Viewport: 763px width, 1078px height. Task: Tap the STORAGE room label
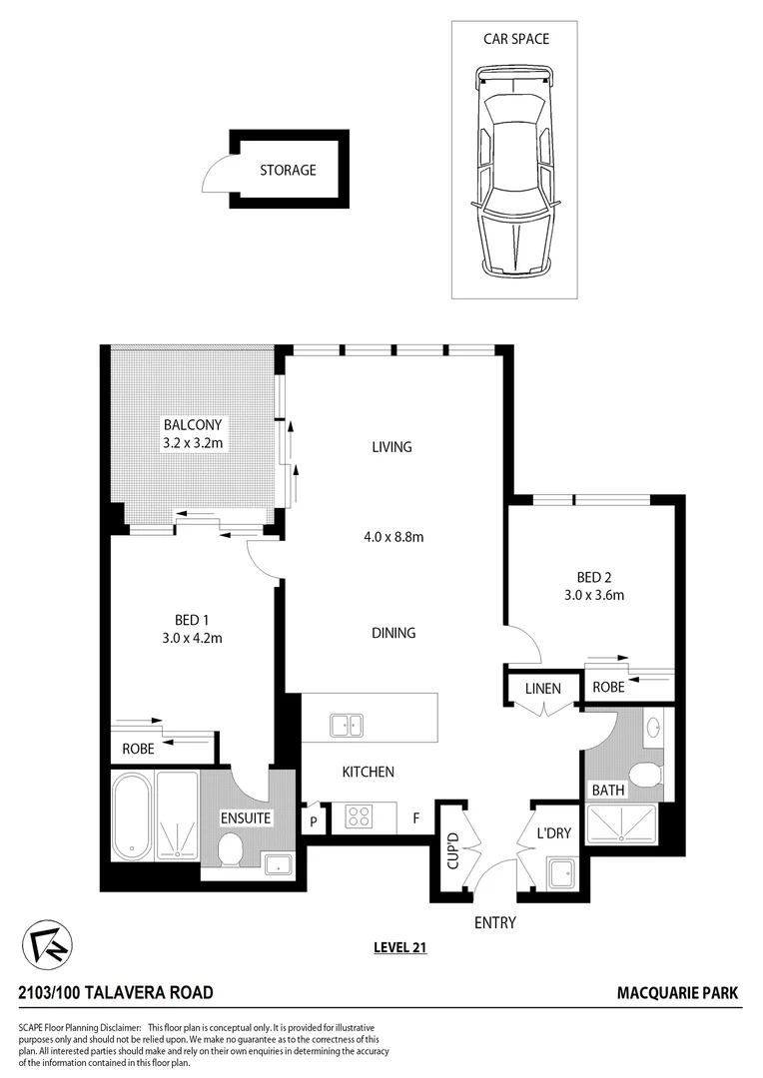pos(288,170)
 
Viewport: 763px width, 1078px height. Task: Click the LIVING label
pos(391,447)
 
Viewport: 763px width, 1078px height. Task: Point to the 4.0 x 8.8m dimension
pos(393,537)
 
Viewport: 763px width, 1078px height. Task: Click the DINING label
pos(391,633)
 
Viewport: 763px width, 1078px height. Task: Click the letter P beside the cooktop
pos(314,821)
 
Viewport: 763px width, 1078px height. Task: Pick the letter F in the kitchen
pos(414,819)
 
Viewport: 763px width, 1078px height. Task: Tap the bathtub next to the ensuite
pos(131,815)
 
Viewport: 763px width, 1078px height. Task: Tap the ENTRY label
pos(494,922)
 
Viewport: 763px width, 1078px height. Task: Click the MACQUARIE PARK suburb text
pos(678,993)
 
